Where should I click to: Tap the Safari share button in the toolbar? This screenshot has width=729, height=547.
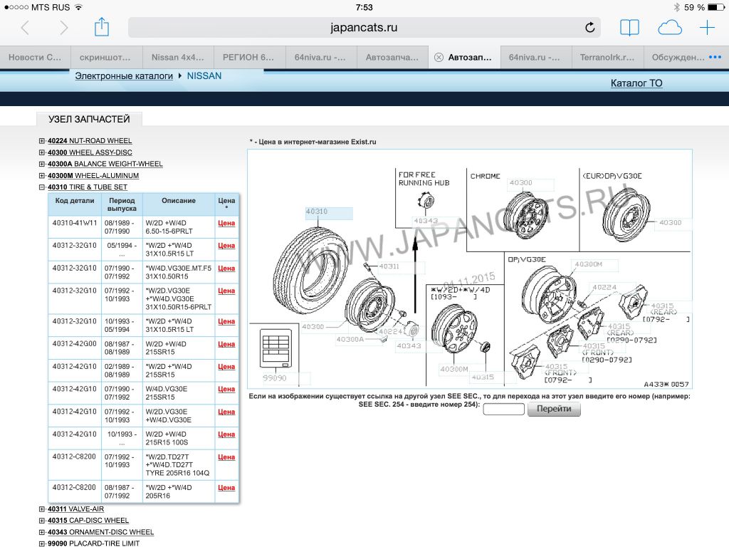coord(102,27)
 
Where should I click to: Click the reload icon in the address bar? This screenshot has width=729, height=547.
coord(589,28)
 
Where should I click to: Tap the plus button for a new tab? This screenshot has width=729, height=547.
coord(707,28)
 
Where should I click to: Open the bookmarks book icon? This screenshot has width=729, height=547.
coord(629,28)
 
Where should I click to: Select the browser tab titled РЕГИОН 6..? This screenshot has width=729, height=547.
coord(248,57)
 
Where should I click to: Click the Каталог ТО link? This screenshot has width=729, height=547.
coord(636,83)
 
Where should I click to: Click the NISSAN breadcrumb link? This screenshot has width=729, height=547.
coord(204,75)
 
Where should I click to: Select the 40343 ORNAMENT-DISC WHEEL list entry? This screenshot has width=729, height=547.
coord(100,532)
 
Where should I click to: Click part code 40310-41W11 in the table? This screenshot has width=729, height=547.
coord(74,222)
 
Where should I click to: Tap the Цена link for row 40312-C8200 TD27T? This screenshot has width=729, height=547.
coord(226,457)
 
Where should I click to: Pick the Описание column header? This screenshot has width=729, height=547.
coord(179,201)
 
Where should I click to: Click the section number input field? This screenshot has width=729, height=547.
coord(503,410)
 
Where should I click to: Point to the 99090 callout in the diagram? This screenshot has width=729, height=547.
coord(274,378)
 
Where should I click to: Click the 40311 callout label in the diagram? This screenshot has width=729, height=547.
coord(389,266)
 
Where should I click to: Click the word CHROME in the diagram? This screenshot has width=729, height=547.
coord(486,176)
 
